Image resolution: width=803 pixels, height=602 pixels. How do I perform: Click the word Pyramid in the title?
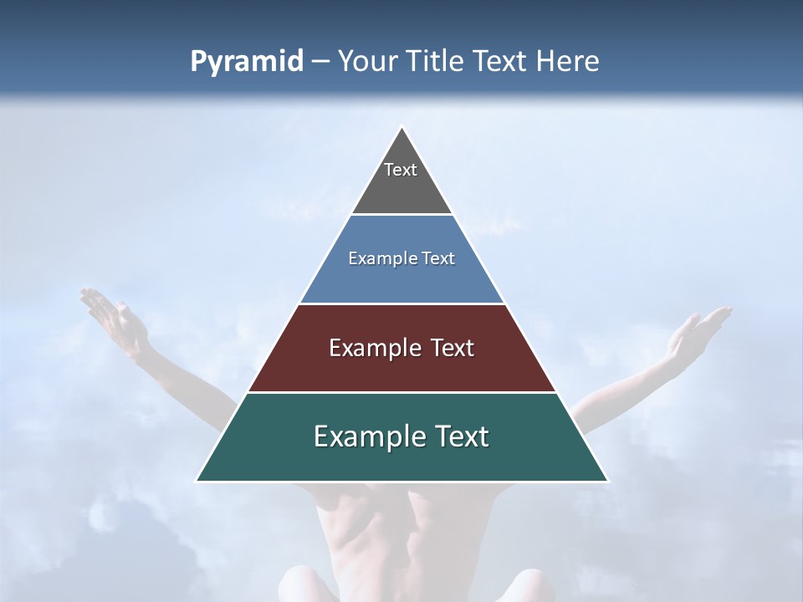click(x=247, y=62)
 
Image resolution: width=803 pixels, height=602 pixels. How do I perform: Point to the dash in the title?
click(x=320, y=62)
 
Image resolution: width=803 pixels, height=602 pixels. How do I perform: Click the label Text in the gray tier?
click(x=401, y=170)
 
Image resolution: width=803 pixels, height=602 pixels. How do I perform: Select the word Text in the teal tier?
click(x=460, y=436)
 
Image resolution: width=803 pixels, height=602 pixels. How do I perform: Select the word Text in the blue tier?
click(x=437, y=258)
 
